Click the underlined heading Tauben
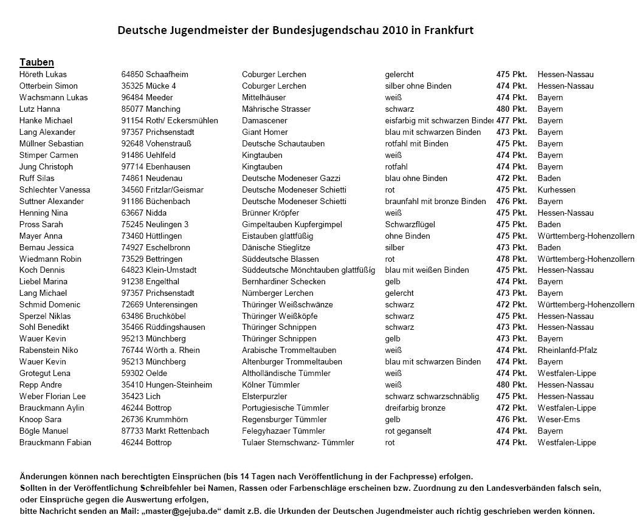pos(36,62)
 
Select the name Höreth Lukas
pos(43,74)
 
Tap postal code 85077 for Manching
pos(132,109)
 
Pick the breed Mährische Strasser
pos(276,109)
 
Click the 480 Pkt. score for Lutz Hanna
pos(511,109)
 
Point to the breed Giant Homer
pos(265,132)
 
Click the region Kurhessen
pos(556,190)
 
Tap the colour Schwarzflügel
pos(410,224)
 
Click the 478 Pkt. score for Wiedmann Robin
pos(511,259)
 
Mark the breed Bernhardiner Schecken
pos(284,282)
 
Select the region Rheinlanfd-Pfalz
pos(567,350)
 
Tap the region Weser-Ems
pos(559,419)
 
